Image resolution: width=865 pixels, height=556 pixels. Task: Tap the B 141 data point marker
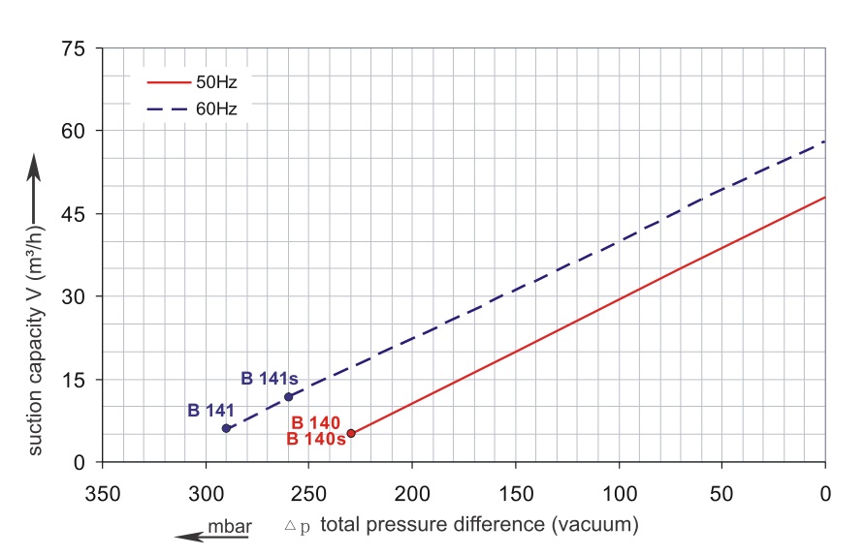click(x=226, y=428)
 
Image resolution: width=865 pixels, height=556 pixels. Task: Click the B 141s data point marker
click(x=288, y=396)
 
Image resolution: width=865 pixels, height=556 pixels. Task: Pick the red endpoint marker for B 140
click(x=351, y=434)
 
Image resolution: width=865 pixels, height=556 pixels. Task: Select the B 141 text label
click(x=210, y=411)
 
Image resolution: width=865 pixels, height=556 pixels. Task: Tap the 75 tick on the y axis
click(x=75, y=49)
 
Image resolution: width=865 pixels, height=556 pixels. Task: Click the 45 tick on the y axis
click(x=75, y=214)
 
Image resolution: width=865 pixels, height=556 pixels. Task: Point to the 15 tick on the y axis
click(x=75, y=380)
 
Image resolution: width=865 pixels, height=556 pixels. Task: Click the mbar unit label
click(x=230, y=526)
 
